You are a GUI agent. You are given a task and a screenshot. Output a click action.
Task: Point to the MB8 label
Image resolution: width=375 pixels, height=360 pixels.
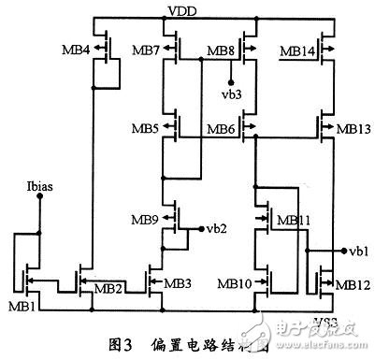click(x=222, y=49)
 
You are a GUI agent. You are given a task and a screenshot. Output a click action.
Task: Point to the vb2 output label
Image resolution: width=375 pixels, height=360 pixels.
click(x=216, y=227)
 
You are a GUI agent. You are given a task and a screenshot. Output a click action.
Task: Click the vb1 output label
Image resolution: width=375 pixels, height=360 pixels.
click(x=357, y=251)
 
